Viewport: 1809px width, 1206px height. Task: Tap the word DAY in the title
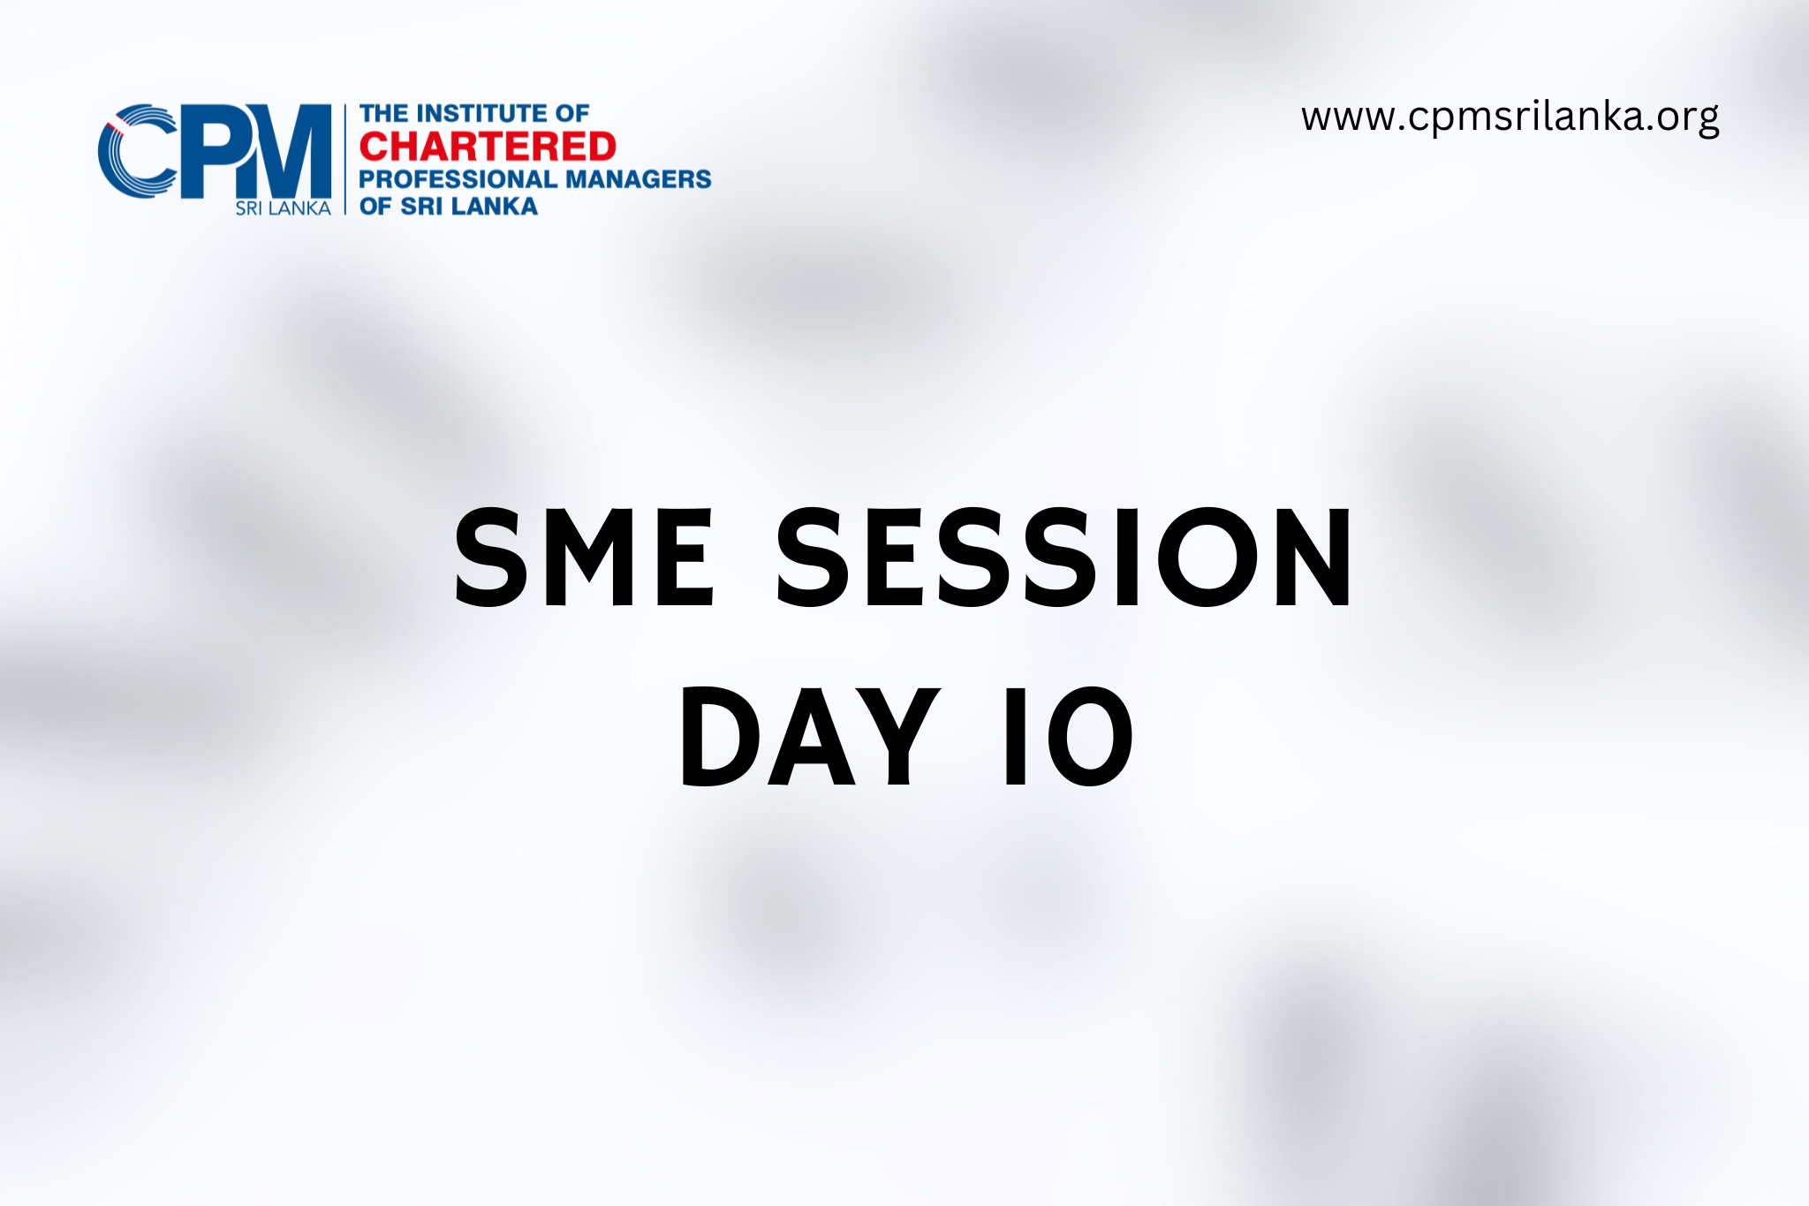pyautogui.click(x=809, y=736)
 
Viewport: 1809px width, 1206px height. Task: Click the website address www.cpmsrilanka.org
pyautogui.click(x=1510, y=118)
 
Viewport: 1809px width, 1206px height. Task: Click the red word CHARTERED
pyautogui.click(x=488, y=147)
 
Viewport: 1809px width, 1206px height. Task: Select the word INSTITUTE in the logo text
pyautogui.click(x=480, y=113)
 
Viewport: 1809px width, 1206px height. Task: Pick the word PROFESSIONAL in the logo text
pyautogui.click(x=458, y=178)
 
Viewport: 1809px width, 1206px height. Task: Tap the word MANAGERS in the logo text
pyautogui.click(x=638, y=178)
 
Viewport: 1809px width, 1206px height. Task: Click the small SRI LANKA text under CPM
pyautogui.click(x=283, y=209)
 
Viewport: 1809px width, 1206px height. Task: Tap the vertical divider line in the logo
pyautogui.click(x=344, y=159)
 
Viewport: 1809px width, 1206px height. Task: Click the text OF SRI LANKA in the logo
pyautogui.click(x=449, y=206)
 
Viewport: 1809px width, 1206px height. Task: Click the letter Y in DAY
pyautogui.click(x=901, y=736)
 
